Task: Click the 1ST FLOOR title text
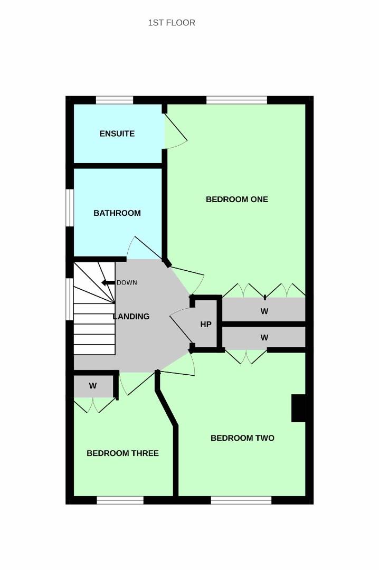click(x=172, y=23)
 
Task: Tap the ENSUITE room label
click(x=117, y=134)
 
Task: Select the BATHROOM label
click(x=117, y=213)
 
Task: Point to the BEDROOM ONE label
click(x=237, y=199)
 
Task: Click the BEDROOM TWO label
click(x=243, y=438)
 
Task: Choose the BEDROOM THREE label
click(x=122, y=453)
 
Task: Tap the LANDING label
click(x=131, y=317)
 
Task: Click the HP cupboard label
click(x=206, y=324)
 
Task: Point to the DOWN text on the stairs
click(x=127, y=282)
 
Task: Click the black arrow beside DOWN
click(x=108, y=282)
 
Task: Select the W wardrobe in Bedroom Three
click(x=93, y=386)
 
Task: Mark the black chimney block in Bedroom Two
click(x=298, y=408)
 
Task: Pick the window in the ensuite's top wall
click(x=115, y=100)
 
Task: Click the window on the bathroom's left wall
click(x=70, y=208)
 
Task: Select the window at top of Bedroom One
click(x=237, y=100)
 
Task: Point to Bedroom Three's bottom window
click(x=120, y=500)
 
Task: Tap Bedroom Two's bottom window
click(x=241, y=500)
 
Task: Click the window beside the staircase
click(x=70, y=299)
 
